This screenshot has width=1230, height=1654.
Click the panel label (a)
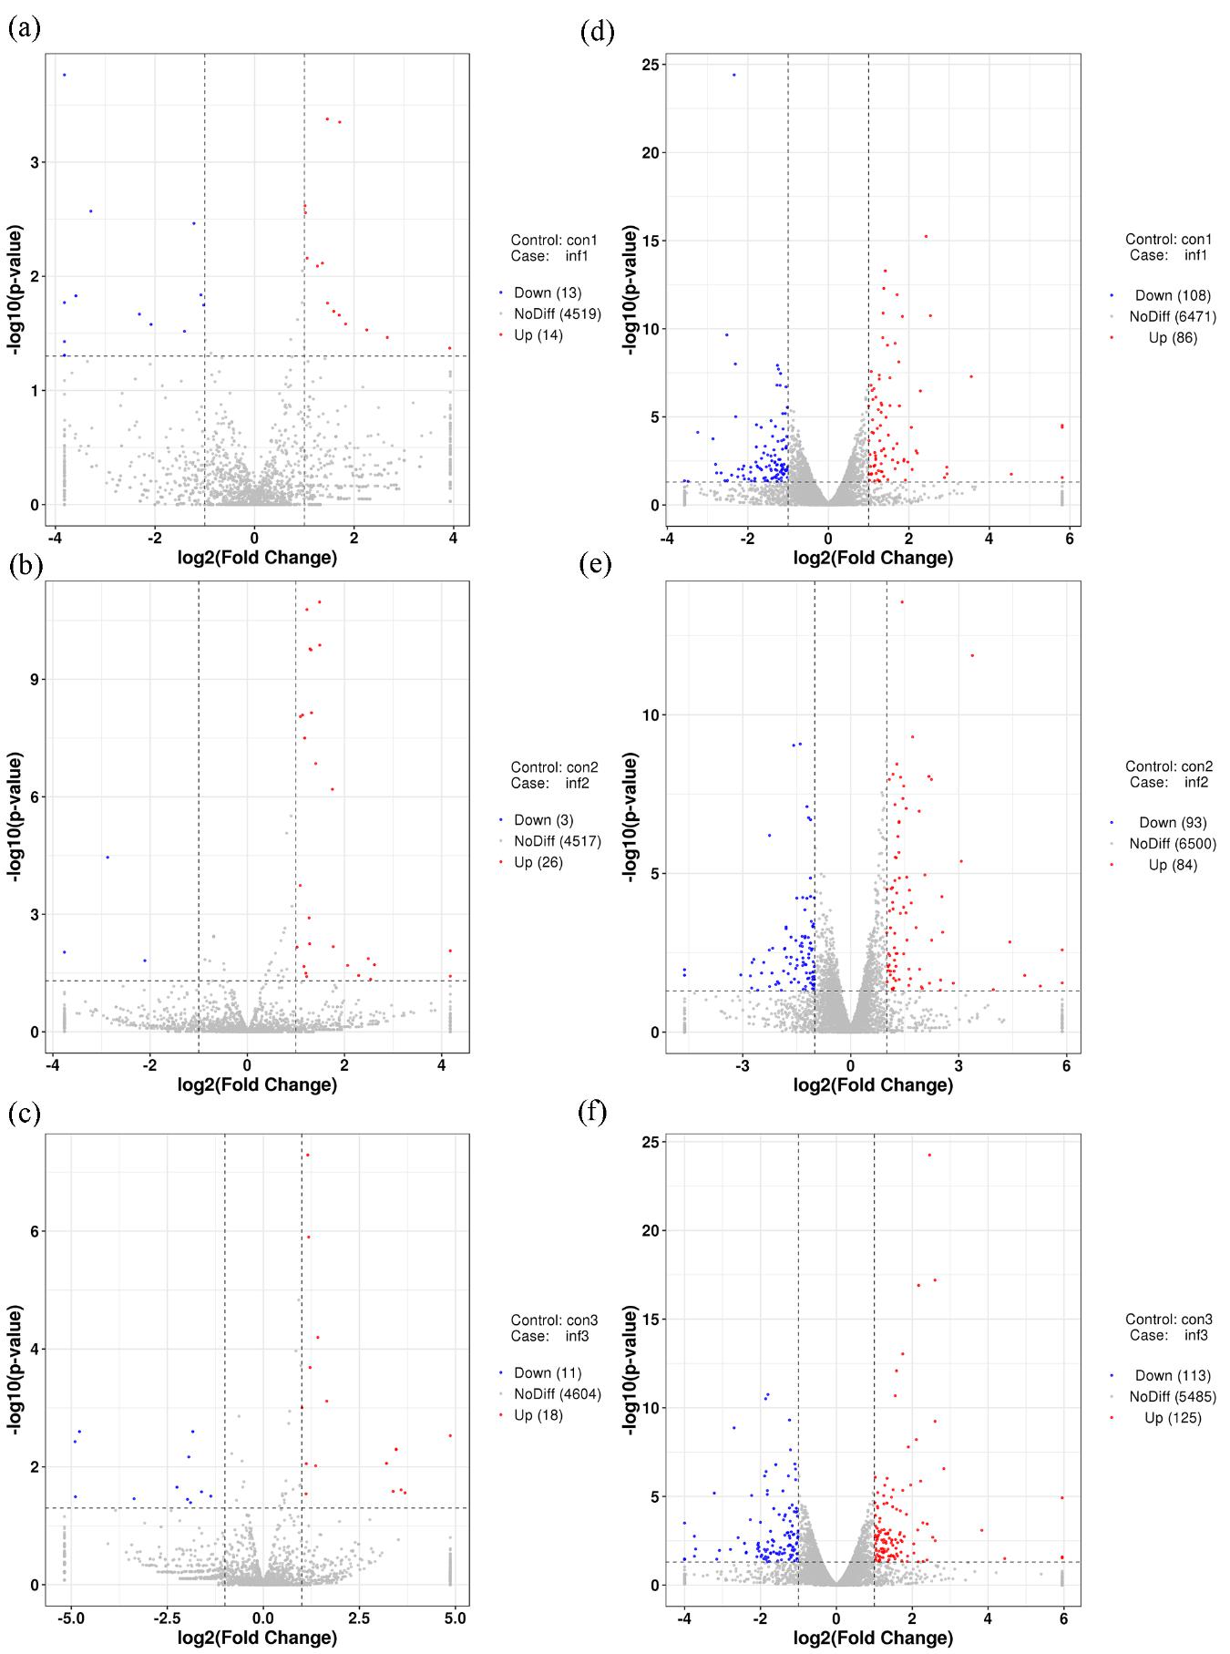coord(24,29)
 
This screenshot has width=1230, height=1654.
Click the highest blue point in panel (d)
coord(734,75)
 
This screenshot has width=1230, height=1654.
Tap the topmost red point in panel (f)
coord(929,1155)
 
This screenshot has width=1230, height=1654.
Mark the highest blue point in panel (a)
coord(64,75)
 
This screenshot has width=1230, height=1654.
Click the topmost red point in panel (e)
coord(902,601)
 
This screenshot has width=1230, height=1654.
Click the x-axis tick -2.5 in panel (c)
coord(166,1618)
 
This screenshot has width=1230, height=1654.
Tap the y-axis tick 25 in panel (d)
coord(649,65)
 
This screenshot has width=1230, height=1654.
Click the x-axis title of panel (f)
coord(873,1638)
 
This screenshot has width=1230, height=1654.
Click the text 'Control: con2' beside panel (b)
coord(554,767)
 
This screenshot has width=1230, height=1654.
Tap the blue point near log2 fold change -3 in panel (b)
coord(108,857)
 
